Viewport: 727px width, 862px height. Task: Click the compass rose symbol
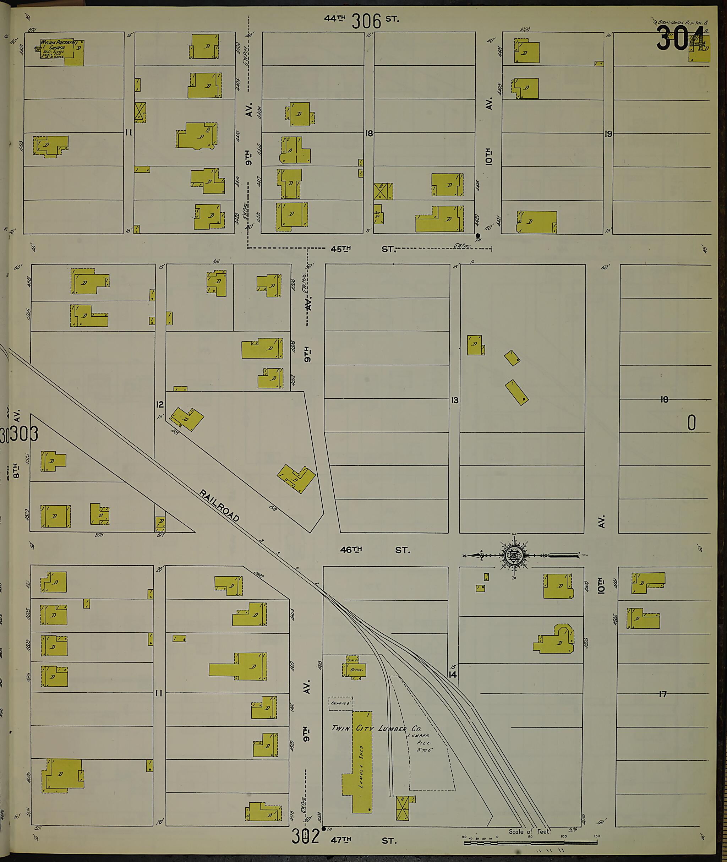pyautogui.click(x=514, y=555)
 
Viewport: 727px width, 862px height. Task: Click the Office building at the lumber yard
pyautogui.click(x=355, y=670)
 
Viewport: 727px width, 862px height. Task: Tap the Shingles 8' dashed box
pyautogui.click(x=340, y=703)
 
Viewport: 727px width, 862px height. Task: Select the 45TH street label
pyautogui.click(x=341, y=249)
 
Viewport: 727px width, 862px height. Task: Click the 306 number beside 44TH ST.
pyautogui.click(x=366, y=21)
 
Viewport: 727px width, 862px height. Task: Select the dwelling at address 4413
pyautogui.click(x=50, y=146)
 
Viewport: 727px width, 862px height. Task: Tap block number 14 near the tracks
pyautogui.click(x=453, y=675)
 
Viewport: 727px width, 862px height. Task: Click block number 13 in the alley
pyautogui.click(x=455, y=400)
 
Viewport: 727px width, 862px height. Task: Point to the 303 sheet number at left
pyautogui.click(x=23, y=434)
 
